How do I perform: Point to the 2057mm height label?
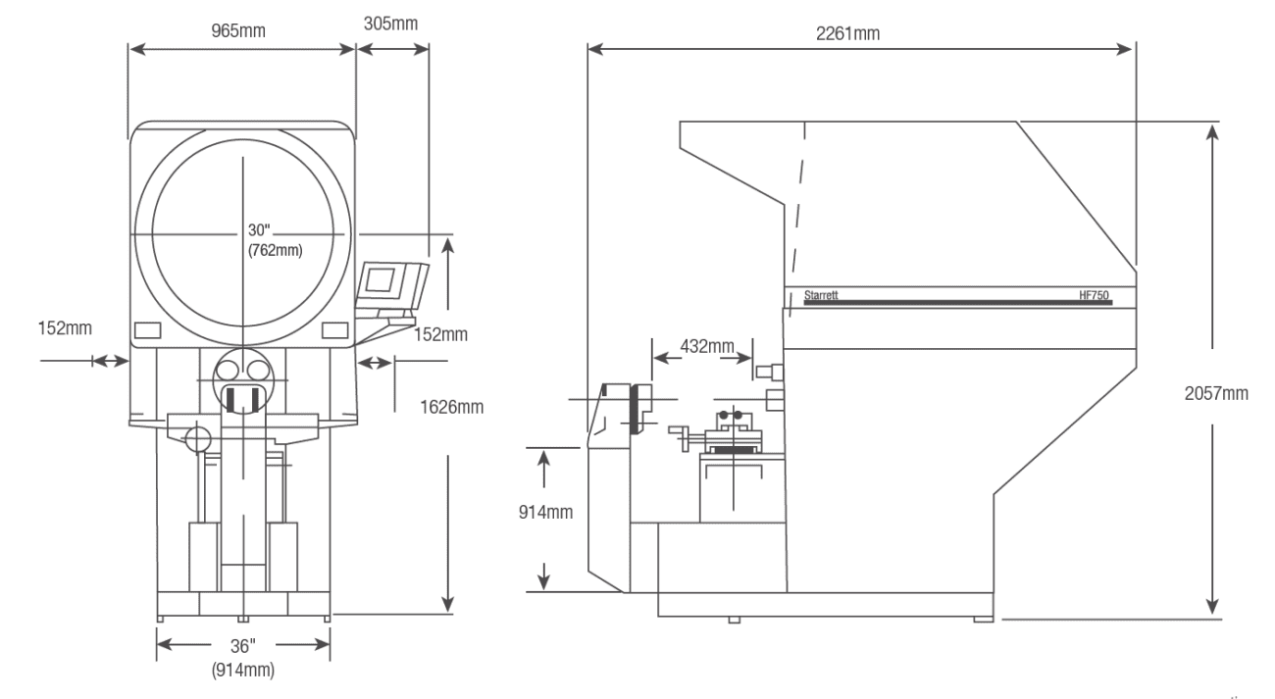1216,393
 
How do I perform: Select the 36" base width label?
241,645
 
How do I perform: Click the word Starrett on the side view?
821,294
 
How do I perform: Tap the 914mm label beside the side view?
546,512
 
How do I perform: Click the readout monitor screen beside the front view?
380,280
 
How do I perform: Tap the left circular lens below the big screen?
229,371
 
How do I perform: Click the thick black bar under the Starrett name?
957,304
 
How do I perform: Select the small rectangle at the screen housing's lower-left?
147,328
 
